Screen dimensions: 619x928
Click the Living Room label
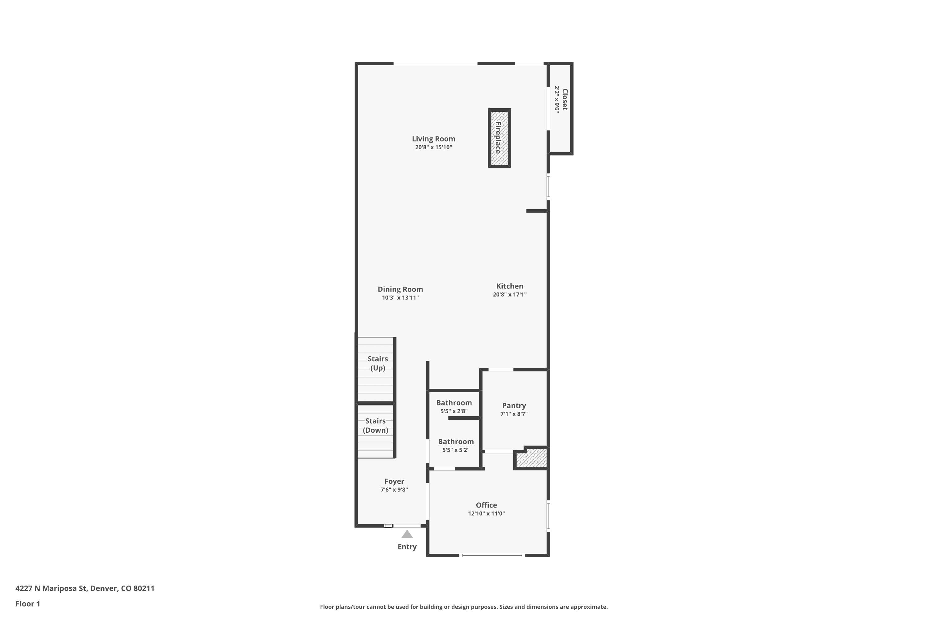(x=433, y=139)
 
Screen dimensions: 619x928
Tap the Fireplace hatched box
(x=499, y=138)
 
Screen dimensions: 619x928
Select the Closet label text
(x=565, y=99)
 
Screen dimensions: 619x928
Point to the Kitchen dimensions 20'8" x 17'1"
(x=509, y=295)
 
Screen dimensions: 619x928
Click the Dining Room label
(x=400, y=289)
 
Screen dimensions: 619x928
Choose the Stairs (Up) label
(x=378, y=363)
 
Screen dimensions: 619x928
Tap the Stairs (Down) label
(x=375, y=426)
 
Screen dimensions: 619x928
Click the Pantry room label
(x=514, y=405)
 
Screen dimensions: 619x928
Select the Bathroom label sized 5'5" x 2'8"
(x=454, y=403)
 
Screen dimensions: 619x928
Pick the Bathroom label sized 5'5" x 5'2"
(x=456, y=441)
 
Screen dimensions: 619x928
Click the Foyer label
(x=394, y=481)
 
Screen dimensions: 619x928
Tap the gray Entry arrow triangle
(x=407, y=535)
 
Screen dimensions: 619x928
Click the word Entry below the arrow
(x=407, y=547)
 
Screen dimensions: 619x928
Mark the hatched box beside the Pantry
(x=531, y=459)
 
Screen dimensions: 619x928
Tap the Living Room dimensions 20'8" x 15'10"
(x=433, y=147)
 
